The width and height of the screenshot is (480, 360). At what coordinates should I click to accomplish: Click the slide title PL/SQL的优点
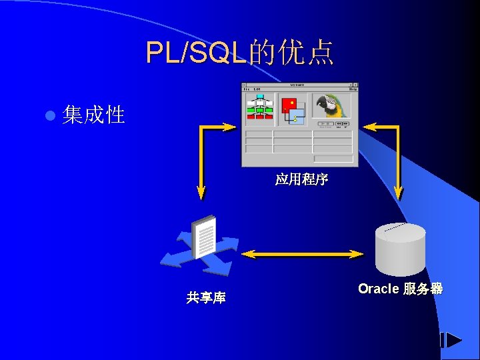(x=240, y=53)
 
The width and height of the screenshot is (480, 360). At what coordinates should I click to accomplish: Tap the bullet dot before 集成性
(x=48, y=115)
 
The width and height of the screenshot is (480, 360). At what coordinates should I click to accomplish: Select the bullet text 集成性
(x=93, y=115)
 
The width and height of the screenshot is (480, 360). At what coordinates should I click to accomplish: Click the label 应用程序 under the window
(x=301, y=179)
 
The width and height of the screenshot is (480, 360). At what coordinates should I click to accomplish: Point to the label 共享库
(x=206, y=297)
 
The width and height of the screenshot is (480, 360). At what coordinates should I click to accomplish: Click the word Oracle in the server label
(x=378, y=289)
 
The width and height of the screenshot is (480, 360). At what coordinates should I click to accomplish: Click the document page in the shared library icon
(x=204, y=237)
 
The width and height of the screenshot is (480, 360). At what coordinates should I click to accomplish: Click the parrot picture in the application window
(x=331, y=105)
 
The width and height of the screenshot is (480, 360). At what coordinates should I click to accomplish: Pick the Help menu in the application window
(x=353, y=89)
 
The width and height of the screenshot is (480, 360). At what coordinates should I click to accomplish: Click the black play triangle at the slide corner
(x=453, y=340)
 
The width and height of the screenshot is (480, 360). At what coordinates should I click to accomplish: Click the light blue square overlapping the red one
(x=297, y=115)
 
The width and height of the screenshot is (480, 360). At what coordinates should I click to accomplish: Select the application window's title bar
(x=299, y=84)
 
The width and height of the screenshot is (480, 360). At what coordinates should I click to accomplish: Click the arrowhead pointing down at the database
(x=399, y=193)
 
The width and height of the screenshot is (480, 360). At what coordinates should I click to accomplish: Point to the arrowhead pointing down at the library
(x=201, y=193)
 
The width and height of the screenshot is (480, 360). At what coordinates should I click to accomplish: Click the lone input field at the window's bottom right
(x=333, y=159)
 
